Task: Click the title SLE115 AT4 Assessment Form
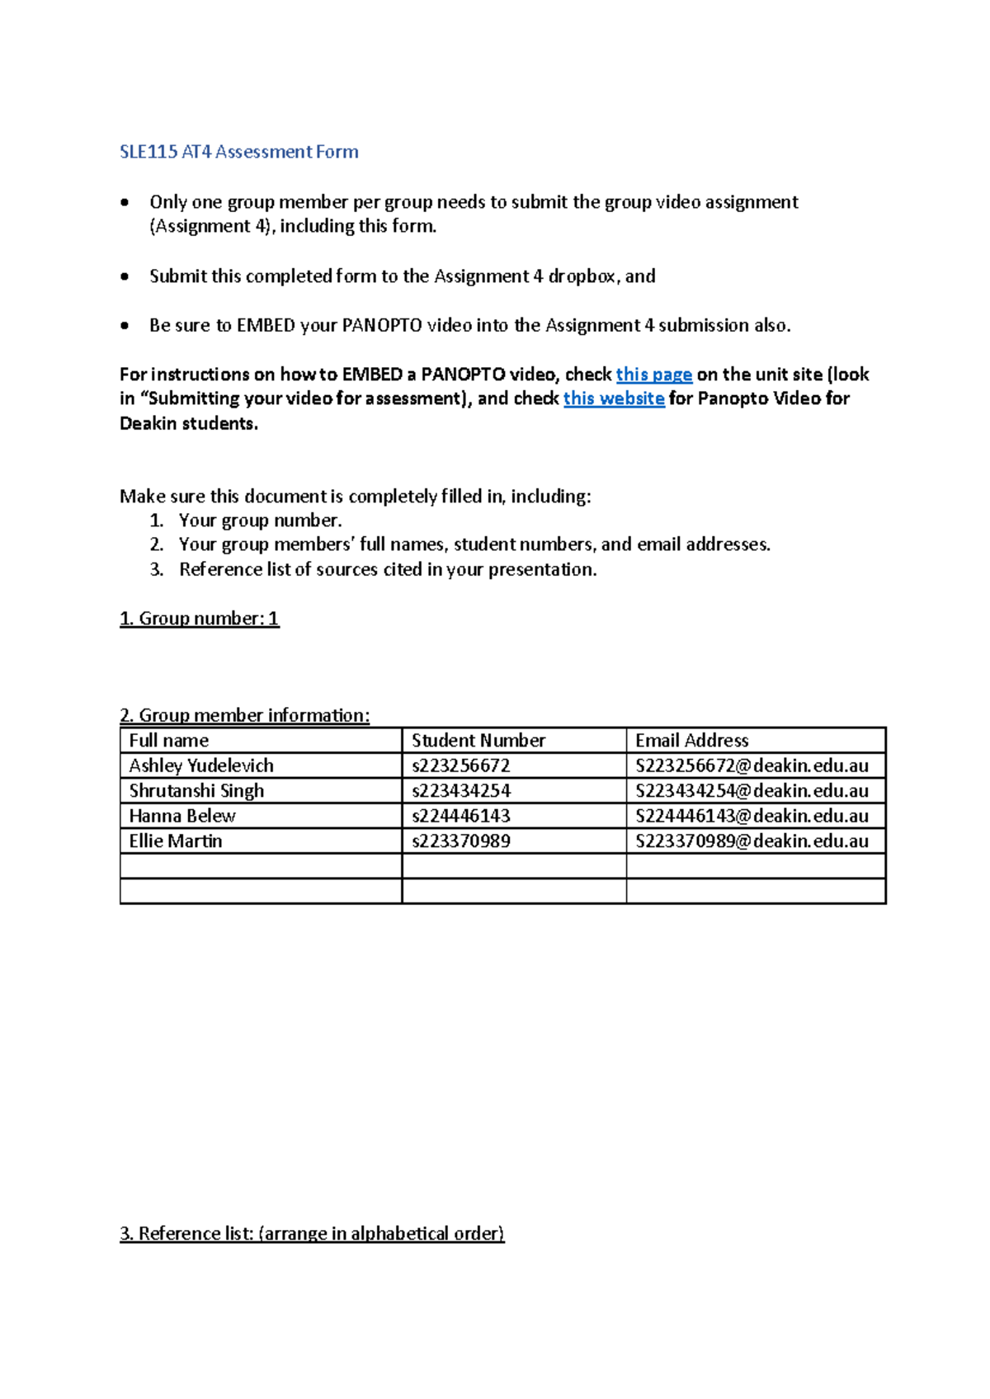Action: (x=239, y=152)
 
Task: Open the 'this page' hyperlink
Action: (x=653, y=374)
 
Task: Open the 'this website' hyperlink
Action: (x=614, y=398)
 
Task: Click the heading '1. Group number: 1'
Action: (x=200, y=619)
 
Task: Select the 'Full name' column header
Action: (x=169, y=741)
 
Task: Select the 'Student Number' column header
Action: (x=478, y=741)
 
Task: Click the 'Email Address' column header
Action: (x=691, y=741)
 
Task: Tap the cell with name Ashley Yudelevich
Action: (x=201, y=765)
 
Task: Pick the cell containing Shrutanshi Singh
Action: (x=196, y=791)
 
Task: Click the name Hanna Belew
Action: (x=182, y=816)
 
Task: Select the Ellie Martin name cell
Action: (x=176, y=841)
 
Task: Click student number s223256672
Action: (x=461, y=765)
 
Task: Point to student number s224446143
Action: (x=461, y=816)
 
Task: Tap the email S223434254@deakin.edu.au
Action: (x=752, y=791)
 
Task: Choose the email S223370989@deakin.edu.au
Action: (x=752, y=841)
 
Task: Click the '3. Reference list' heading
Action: (x=312, y=1233)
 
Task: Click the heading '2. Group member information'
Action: (x=245, y=715)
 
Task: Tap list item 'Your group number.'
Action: (x=260, y=521)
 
